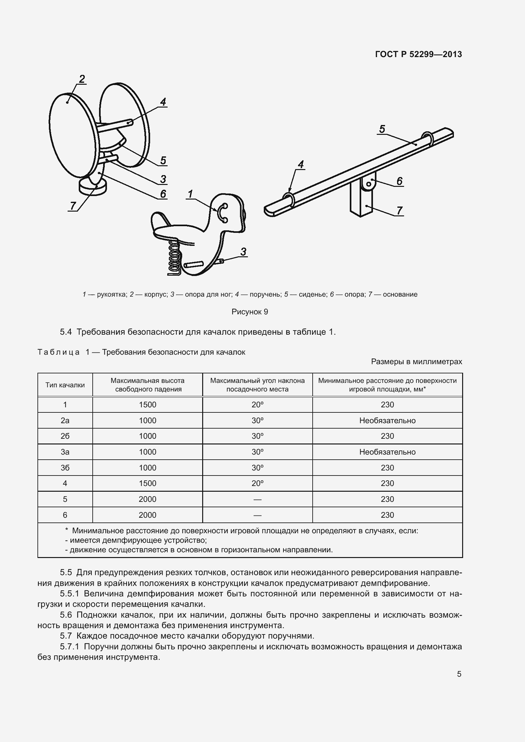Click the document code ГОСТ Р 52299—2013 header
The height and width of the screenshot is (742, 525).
418,54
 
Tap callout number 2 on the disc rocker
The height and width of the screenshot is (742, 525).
82,79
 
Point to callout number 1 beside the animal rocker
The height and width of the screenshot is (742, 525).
190,194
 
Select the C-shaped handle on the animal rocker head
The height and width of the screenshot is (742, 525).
222,213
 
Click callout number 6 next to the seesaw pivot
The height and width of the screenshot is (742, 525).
399,181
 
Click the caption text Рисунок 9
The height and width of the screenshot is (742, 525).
249,312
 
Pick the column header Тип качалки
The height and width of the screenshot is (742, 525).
65,385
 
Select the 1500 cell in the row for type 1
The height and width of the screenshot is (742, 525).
147,404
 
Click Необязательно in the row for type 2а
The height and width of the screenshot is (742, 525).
387,420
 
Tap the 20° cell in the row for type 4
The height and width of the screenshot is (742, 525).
257,483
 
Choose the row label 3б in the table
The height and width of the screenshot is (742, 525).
65,468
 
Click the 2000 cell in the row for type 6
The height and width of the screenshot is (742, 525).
147,515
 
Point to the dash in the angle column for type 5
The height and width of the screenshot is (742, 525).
257,499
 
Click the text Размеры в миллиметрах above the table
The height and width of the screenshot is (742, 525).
416,361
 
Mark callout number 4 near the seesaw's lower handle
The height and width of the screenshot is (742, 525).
301,165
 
